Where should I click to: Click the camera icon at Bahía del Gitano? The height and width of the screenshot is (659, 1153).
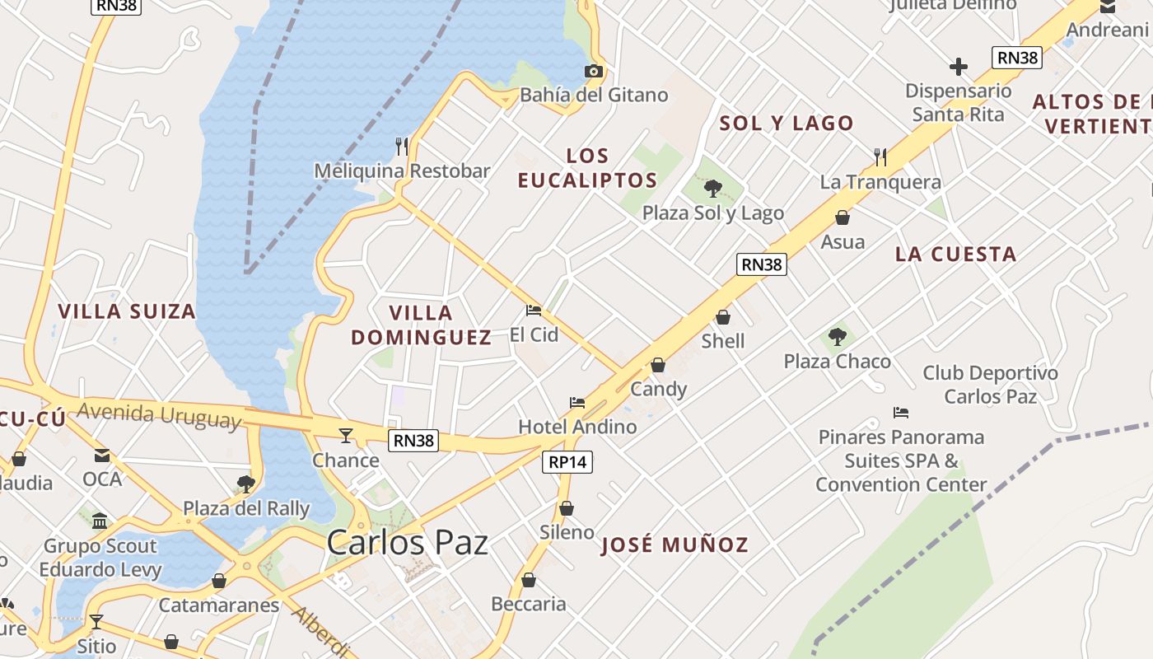593,72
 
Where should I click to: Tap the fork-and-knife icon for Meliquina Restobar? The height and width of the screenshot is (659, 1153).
402,147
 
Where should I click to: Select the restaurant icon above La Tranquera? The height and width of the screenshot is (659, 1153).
880,157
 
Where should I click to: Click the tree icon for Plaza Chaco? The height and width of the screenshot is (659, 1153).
837,337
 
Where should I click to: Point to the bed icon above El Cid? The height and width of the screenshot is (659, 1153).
534,311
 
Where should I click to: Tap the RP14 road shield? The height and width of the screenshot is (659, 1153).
567,462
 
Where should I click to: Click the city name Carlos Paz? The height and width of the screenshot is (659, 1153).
407,543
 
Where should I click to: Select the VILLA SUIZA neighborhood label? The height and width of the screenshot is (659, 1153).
127,311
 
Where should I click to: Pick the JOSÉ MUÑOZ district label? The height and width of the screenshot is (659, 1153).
675,544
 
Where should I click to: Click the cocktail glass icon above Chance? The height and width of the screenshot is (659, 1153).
346,435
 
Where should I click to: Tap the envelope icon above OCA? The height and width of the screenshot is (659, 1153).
102,455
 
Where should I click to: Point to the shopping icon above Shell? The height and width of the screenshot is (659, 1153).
723,317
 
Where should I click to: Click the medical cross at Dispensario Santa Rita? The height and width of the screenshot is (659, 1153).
958,67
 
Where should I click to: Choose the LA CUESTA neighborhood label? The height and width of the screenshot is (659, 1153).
955,255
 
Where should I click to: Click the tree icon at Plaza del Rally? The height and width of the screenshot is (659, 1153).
245,484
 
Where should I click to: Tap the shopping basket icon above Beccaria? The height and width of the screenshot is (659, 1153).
529,581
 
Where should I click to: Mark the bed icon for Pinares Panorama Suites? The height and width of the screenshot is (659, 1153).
901,413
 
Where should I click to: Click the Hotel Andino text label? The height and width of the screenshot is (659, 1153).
577,427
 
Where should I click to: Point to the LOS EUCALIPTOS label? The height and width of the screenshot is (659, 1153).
587,168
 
